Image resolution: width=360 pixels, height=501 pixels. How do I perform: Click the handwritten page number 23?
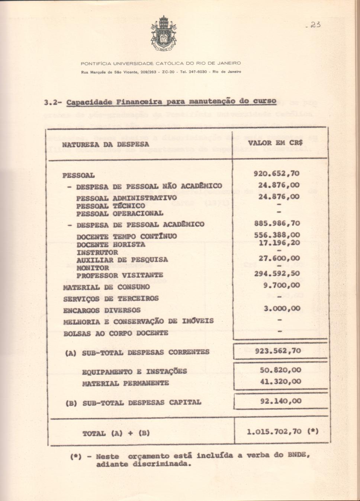coord(313,25)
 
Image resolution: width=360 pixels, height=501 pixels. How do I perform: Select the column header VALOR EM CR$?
coord(276,143)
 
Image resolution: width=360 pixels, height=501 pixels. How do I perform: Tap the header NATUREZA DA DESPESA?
coord(106,144)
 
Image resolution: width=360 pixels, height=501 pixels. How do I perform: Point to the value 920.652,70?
coord(276,173)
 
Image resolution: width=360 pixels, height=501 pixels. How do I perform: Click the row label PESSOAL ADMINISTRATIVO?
coord(126,198)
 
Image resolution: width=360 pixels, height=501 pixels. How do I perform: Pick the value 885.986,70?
coord(277,223)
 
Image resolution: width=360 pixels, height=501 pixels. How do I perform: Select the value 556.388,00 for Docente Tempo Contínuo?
coord(277,235)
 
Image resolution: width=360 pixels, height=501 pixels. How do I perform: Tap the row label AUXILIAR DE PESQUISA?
coord(122,260)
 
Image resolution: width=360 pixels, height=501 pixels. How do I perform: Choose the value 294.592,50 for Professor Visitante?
coord(277,274)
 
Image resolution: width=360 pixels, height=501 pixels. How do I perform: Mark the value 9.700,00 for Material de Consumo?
coord(282,285)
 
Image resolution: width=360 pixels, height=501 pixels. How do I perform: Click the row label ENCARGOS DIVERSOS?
coord(102,310)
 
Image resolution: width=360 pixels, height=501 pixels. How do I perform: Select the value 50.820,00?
coord(280,370)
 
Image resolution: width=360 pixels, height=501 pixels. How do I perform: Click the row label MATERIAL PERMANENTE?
coord(125,383)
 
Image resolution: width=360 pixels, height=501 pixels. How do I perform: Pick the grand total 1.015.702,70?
coord(274,432)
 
